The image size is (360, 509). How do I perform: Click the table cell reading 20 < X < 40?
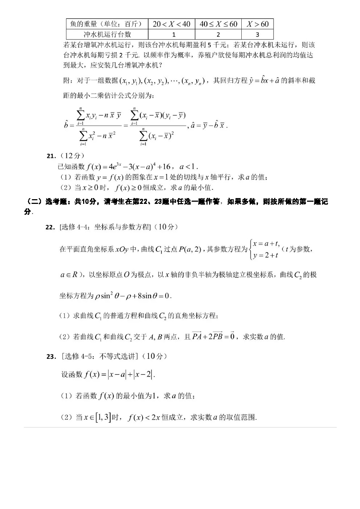click(171, 24)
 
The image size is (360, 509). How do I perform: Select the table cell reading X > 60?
click(257, 24)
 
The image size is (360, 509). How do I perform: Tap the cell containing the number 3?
click(257, 34)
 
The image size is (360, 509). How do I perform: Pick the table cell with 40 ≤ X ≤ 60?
click(218, 24)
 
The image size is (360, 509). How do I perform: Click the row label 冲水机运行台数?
click(107, 34)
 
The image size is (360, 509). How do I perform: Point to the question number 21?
click(51, 156)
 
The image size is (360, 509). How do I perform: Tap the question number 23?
click(51, 356)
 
